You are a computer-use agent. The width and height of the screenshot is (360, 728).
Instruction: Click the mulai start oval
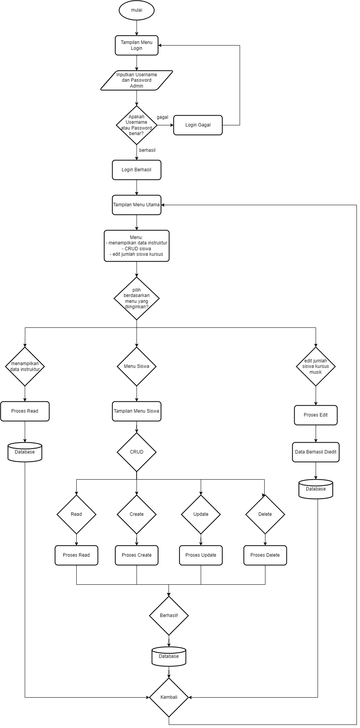point(137,11)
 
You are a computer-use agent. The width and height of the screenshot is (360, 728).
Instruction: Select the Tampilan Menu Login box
point(137,46)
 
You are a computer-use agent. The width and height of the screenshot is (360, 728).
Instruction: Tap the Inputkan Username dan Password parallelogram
point(137,80)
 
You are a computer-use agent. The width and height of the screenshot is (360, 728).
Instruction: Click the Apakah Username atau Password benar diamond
point(137,125)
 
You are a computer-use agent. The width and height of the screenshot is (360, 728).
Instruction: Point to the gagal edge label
point(162,117)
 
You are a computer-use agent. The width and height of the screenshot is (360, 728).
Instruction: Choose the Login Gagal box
point(198,125)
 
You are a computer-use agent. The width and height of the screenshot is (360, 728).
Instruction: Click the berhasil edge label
point(147,150)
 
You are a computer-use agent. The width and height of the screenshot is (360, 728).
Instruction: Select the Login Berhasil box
point(137,170)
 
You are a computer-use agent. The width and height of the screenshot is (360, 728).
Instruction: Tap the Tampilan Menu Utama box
point(137,205)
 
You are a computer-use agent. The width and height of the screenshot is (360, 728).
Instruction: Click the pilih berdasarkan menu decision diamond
point(137,298)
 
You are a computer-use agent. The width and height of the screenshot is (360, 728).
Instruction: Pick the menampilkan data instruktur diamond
point(25,366)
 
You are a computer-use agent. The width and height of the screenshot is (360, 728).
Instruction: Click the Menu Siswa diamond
point(137,366)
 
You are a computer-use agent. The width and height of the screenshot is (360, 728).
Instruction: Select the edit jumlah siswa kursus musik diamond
point(316,366)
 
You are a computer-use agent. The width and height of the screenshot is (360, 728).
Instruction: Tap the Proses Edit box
point(316,415)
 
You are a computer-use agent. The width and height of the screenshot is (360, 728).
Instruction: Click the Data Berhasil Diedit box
point(316,452)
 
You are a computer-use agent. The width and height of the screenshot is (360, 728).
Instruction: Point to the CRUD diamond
point(137,452)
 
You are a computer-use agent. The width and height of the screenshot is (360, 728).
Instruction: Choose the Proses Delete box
point(265,555)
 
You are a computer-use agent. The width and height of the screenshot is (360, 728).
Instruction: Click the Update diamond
point(201,514)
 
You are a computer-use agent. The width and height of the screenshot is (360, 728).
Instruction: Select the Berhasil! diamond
point(169,615)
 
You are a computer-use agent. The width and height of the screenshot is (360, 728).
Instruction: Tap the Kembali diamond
point(169,697)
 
